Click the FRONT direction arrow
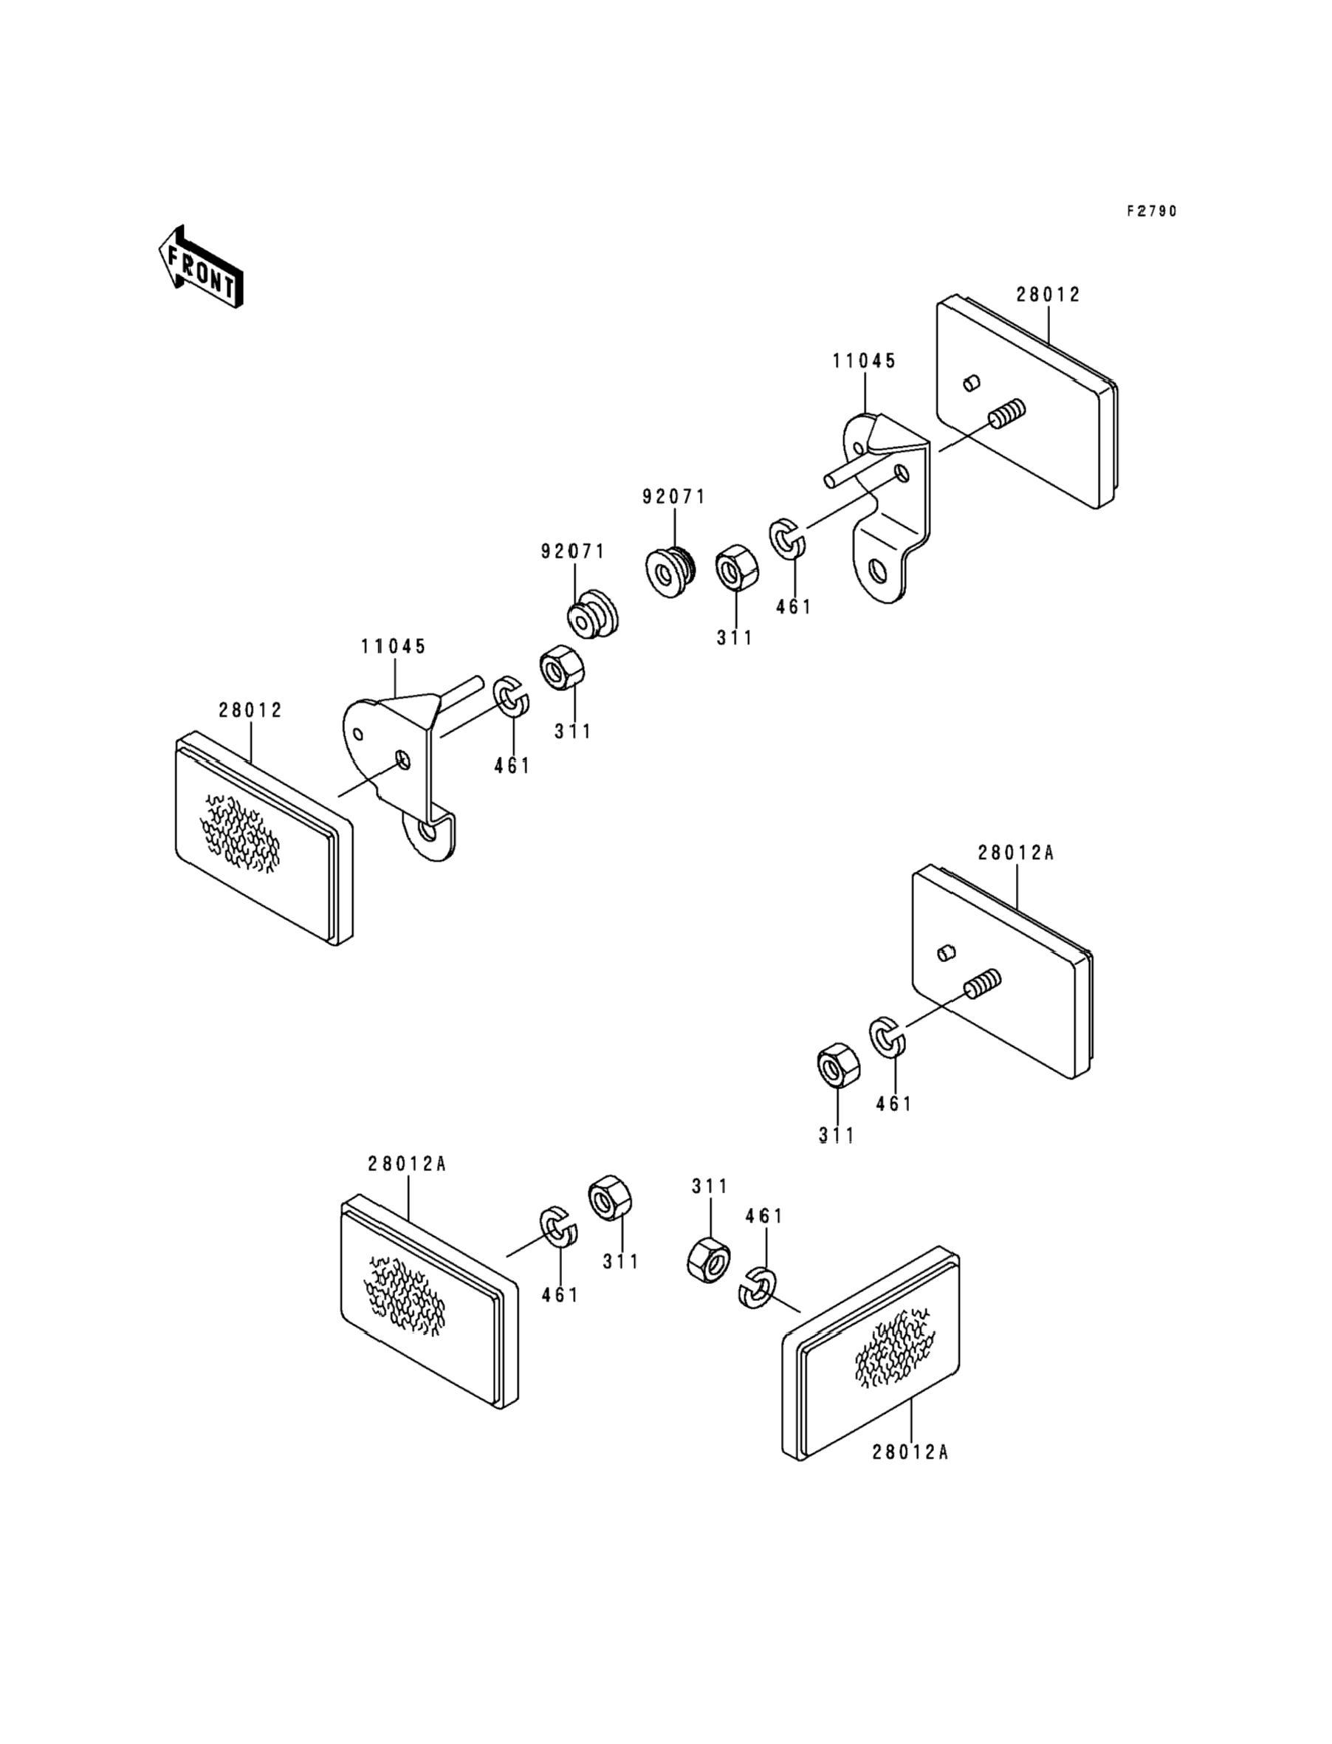(x=201, y=267)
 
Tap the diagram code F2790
(x=1153, y=212)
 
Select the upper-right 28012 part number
(x=1049, y=295)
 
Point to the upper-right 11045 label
(x=864, y=362)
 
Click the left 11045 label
(x=394, y=647)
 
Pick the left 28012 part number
(x=250, y=710)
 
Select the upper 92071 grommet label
(x=674, y=497)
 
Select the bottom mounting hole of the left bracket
(x=429, y=831)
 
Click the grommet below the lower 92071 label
(x=592, y=614)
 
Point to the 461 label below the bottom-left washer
(x=560, y=1295)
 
